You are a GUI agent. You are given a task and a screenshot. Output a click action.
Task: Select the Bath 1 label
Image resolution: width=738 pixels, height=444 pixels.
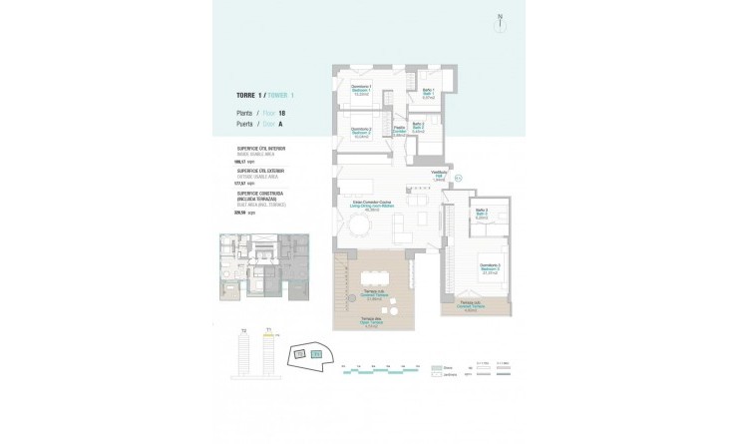point(427,95)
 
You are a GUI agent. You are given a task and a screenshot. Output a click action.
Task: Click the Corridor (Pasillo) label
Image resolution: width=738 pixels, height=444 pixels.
point(397,131)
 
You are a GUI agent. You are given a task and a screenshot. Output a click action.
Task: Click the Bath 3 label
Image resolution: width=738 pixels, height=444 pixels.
point(481,213)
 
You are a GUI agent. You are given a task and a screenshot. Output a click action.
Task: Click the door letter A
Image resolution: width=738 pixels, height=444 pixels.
point(280,125)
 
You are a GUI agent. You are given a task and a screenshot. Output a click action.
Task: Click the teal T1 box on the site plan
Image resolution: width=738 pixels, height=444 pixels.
point(316,353)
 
